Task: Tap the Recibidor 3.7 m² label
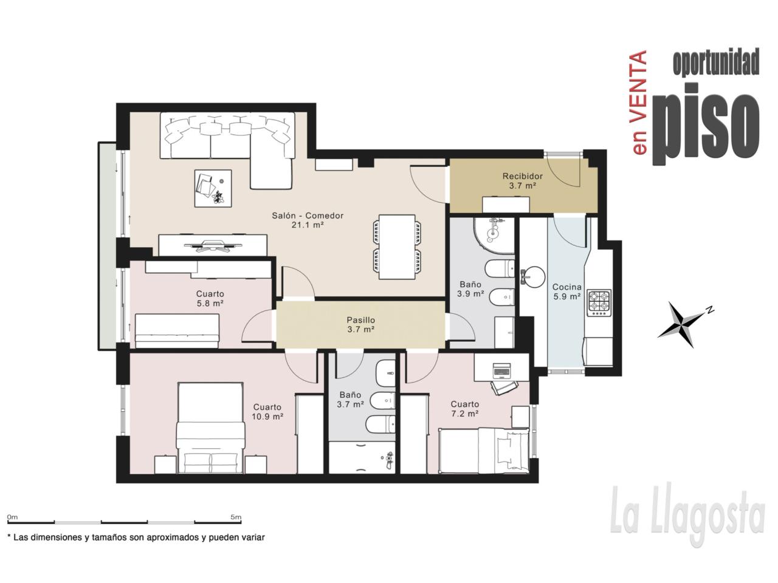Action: coord(523,180)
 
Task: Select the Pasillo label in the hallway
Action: coord(360,320)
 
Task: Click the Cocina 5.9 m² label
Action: coord(566,291)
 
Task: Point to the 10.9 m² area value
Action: coord(267,416)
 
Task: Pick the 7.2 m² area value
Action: coord(465,414)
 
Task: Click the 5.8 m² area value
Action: coord(210,303)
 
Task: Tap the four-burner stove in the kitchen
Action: coord(600,303)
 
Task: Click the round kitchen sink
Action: coord(534,277)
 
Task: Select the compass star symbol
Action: coord(681,324)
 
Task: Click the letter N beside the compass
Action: coord(709,310)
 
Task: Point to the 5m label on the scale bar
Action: coord(236,517)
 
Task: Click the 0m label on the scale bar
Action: coord(12,517)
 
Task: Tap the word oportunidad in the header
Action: coord(715,63)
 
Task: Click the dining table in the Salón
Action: coord(397,247)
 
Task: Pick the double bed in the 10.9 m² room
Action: coord(210,428)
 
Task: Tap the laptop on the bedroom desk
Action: coord(501,371)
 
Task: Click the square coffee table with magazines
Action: coord(213,188)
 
